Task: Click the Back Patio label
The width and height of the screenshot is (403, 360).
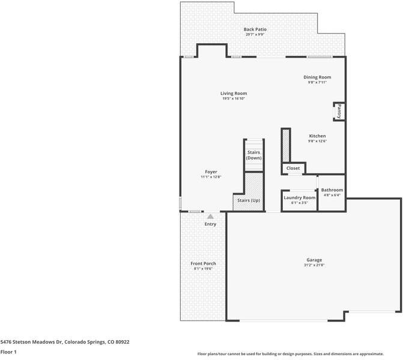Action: coord(255,29)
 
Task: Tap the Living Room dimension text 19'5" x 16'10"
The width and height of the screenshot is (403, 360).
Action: coord(233,98)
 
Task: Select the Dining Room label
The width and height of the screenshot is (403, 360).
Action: coord(317,77)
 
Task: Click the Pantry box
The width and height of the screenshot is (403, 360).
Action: coord(339,112)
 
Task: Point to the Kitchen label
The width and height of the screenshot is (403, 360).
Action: coord(317,136)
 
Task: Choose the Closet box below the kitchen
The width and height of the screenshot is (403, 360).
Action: coord(293,169)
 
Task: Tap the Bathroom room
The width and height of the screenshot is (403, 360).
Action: coord(332,192)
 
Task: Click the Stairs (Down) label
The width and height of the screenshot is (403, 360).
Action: coord(253,155)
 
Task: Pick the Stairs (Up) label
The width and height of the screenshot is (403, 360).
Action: coord(248,200)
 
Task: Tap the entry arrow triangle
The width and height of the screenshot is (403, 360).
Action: coord(210,217)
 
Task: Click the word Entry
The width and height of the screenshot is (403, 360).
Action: coord(210,224)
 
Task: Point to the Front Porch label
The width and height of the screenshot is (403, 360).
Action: coord(203,263)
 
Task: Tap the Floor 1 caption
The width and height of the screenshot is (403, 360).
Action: coord(8,352)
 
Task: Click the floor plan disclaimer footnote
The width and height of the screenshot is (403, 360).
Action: coord(298,354)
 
